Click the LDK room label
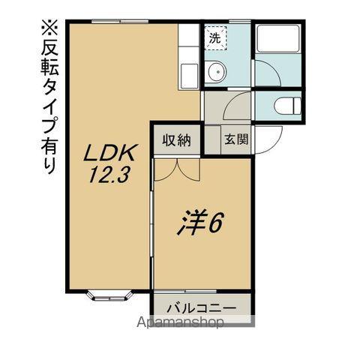pos(109,153)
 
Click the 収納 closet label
pos(177,139)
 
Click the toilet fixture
pos(286,106)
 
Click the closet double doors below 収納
pos(177,168)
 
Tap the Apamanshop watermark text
pos(180,323)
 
